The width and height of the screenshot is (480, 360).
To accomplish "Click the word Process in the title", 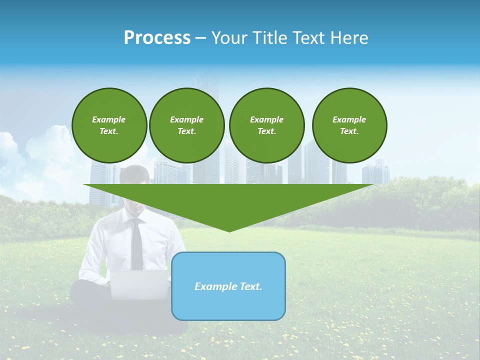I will click(157, 38).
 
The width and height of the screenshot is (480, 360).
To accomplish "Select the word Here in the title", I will click(348, 38).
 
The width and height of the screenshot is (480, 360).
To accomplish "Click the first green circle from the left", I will click(109, 125).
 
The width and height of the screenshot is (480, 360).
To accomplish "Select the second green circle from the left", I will click(186, 125).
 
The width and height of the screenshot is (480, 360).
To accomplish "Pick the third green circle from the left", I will click(266, 125).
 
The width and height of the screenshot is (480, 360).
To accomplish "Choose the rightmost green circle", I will click(349, 125).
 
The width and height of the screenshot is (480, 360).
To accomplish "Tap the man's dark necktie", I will click(136, 245).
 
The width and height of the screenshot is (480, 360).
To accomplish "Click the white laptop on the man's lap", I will click(140, 285).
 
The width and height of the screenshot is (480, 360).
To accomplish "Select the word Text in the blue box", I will click(250, 286).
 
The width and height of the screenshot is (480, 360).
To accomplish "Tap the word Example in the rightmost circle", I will click(349, 119).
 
